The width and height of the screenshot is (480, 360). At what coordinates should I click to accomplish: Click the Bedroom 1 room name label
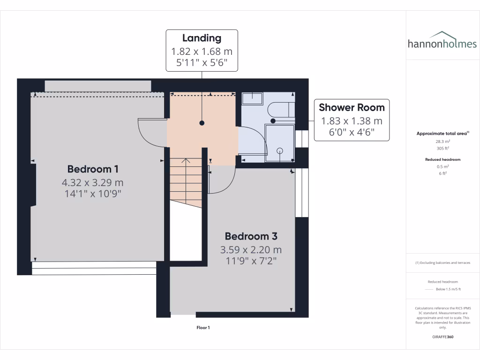point(92,169)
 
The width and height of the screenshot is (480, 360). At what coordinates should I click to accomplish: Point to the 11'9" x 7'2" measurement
point(251,261)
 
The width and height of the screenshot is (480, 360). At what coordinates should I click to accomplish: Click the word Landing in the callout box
point(202,38)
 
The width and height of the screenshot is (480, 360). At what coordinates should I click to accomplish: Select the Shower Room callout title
point(352,107)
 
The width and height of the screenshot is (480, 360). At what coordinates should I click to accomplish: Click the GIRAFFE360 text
point(443,337)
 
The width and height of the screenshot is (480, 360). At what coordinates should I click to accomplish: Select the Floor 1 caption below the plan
point(203,328)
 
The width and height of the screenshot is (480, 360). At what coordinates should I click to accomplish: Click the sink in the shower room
point(252,98)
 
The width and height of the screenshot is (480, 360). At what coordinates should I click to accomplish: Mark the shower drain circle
point(280,150)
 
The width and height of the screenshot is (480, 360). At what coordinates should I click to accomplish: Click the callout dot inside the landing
point(202,123)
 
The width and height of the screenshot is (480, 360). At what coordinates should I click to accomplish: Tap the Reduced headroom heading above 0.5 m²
point(443,159)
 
